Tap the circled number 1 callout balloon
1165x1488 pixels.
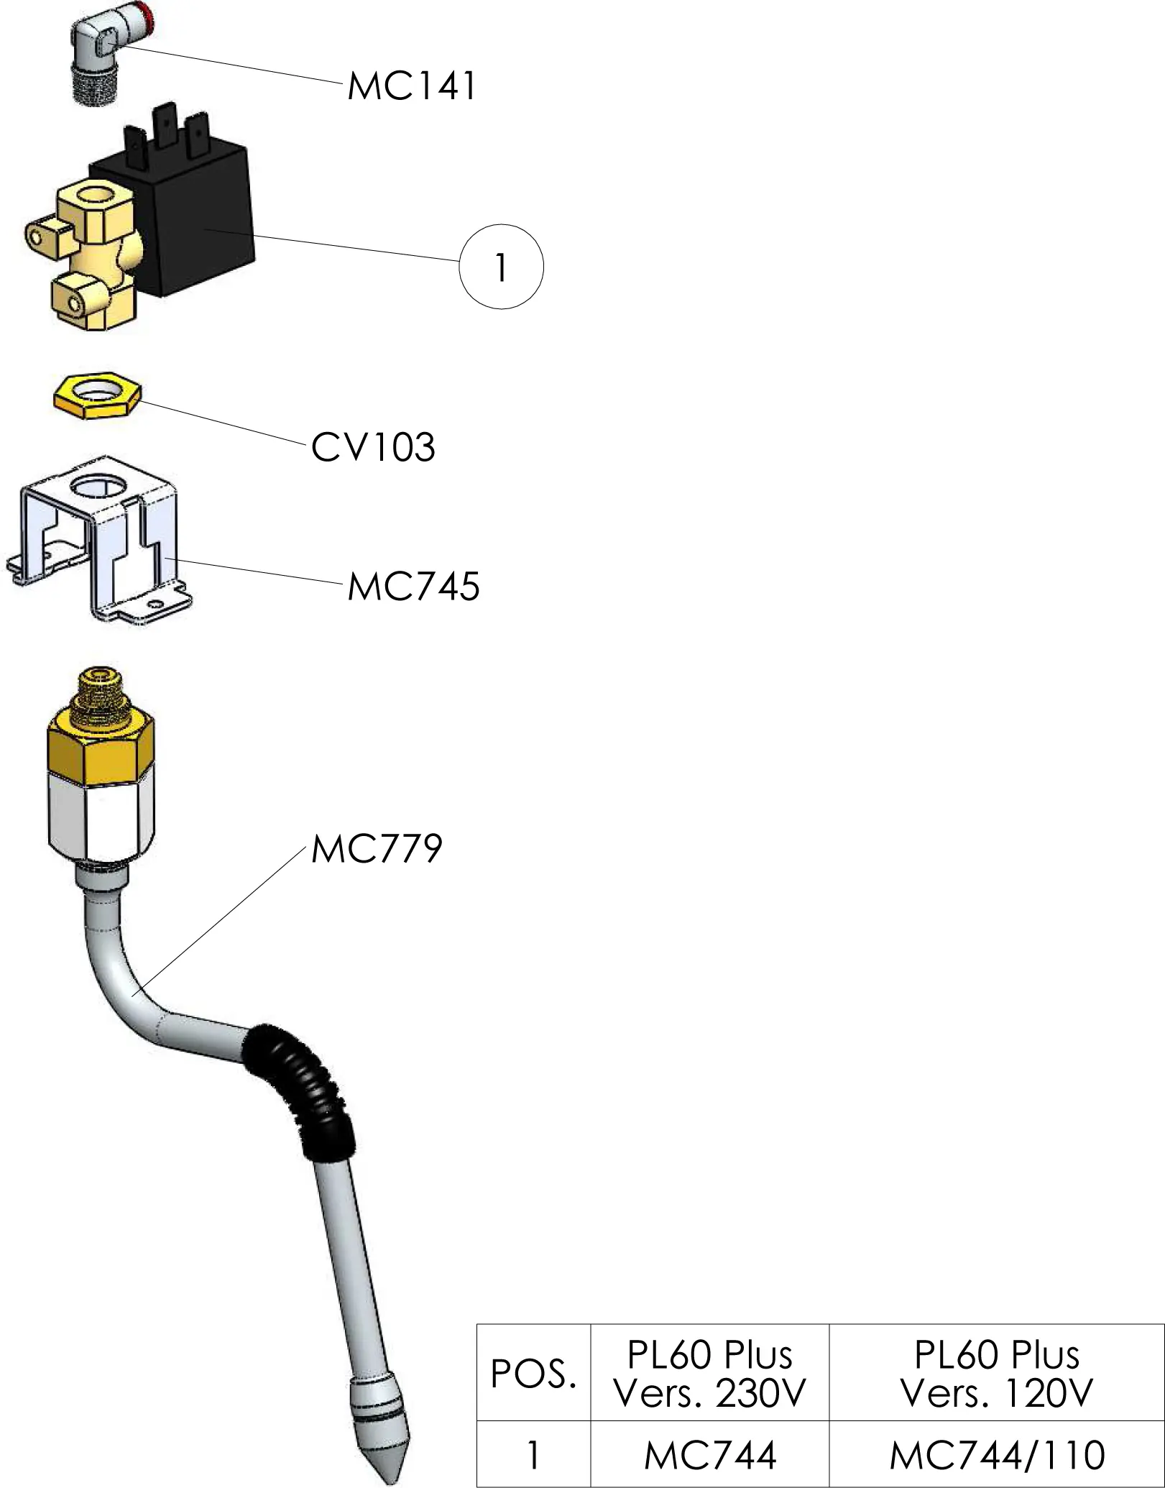[x=501, y=267]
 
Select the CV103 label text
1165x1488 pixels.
[x=373, y=448]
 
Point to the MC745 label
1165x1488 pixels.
[x=413, y=587]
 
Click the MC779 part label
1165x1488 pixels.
[x=376, y=849]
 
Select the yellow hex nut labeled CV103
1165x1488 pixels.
[x=98, y=395]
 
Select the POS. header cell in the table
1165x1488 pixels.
[x=533, y=1374]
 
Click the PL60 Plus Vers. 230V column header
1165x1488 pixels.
[x=709, y=1374]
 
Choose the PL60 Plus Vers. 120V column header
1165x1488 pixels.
[x=996, y=1374]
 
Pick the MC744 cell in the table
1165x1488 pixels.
[x=709, y=1456]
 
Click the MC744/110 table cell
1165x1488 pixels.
[x=996, y=1456]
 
